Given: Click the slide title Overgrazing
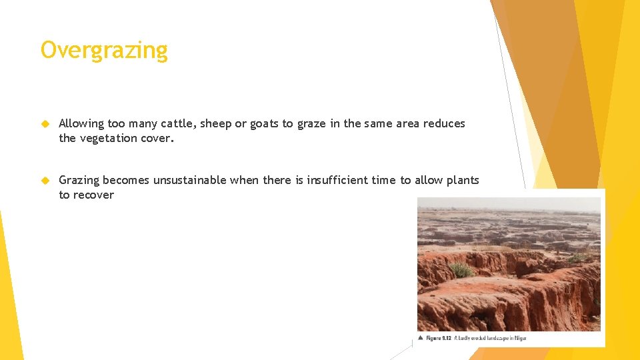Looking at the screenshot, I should (x=104, y=51).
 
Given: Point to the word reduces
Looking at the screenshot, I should (x=443, y=123).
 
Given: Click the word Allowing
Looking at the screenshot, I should (x=81, y=123).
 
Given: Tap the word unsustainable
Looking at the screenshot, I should (x=191, y=180).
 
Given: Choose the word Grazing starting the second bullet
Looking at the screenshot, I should (x=79, y=180).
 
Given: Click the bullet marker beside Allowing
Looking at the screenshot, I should (x=45, y=123).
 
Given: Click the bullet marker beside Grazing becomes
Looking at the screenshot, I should (x=45, y=180).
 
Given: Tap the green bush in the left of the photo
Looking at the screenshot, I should (x=461, y=270).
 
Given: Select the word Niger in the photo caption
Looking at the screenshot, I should (x=520, y=338).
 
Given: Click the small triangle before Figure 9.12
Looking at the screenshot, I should (x=421, y=338).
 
